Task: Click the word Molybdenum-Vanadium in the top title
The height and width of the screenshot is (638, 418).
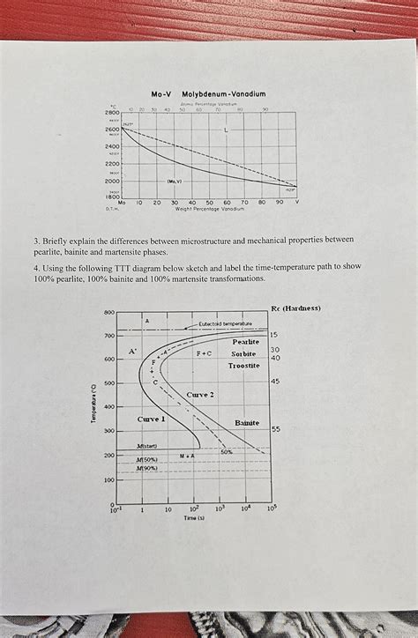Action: coord(223,93)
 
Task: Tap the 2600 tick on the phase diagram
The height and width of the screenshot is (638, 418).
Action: coord(111,129)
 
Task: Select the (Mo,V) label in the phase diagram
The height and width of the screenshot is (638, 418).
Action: coord(174,182)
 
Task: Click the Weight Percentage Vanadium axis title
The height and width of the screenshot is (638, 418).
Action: coord(208,208)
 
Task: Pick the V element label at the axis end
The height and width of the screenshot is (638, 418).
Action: coord(296,202)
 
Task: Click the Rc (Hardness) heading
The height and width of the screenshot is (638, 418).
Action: coord(295,308)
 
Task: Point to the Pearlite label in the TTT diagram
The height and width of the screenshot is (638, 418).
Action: coord(245,341)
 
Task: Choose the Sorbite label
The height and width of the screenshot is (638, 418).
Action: coord(243,352)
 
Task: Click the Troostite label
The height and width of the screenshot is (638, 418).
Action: coord(243,365)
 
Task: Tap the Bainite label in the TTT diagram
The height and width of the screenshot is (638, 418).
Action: coord(247,423)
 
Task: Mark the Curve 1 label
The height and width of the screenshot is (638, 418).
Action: coord(153,419)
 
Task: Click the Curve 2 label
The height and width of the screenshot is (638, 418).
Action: coord(200,394)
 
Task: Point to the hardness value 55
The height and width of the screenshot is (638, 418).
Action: coord(275,429)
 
